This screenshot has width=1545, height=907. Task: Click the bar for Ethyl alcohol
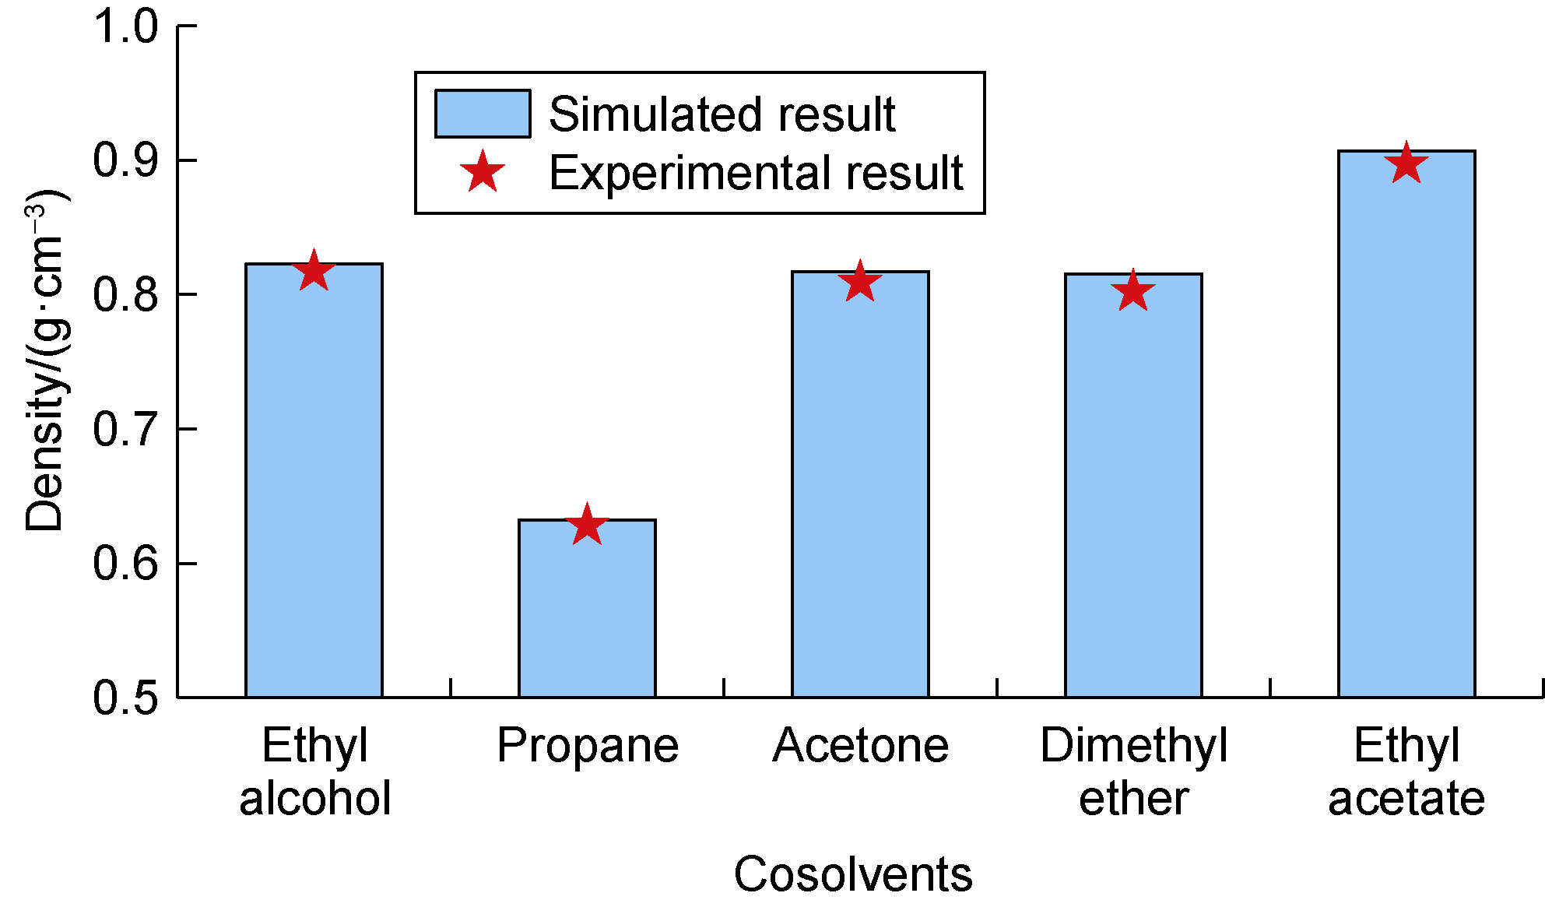[x=314, y=483]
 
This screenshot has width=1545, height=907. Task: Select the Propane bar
[x=587, y=611]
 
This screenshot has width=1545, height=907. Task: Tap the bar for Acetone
[x=860, y=487]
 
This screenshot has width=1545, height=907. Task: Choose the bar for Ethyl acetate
[x=1406, y=428]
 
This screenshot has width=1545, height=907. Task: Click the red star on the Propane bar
[x=587, y=525]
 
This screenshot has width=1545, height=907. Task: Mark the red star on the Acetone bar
[x=860, y=282]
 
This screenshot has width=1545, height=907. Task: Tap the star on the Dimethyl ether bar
[x=1133, y=292]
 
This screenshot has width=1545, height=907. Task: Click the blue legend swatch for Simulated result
[x=483, y=114]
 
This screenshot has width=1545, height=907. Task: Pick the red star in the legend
[x=483, y=172]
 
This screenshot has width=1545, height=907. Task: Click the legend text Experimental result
[x=756, y=172]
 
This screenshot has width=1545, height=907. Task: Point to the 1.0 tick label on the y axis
[x=125, y=26]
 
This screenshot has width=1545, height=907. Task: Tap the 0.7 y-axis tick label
[x=125, y=430]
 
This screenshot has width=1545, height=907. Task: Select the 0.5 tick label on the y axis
[x=125, y=698]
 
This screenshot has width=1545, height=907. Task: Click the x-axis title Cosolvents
[x=853, y=874]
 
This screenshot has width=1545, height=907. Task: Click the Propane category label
[x=588, y=746]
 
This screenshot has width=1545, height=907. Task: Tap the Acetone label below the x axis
[x=860, y=746]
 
